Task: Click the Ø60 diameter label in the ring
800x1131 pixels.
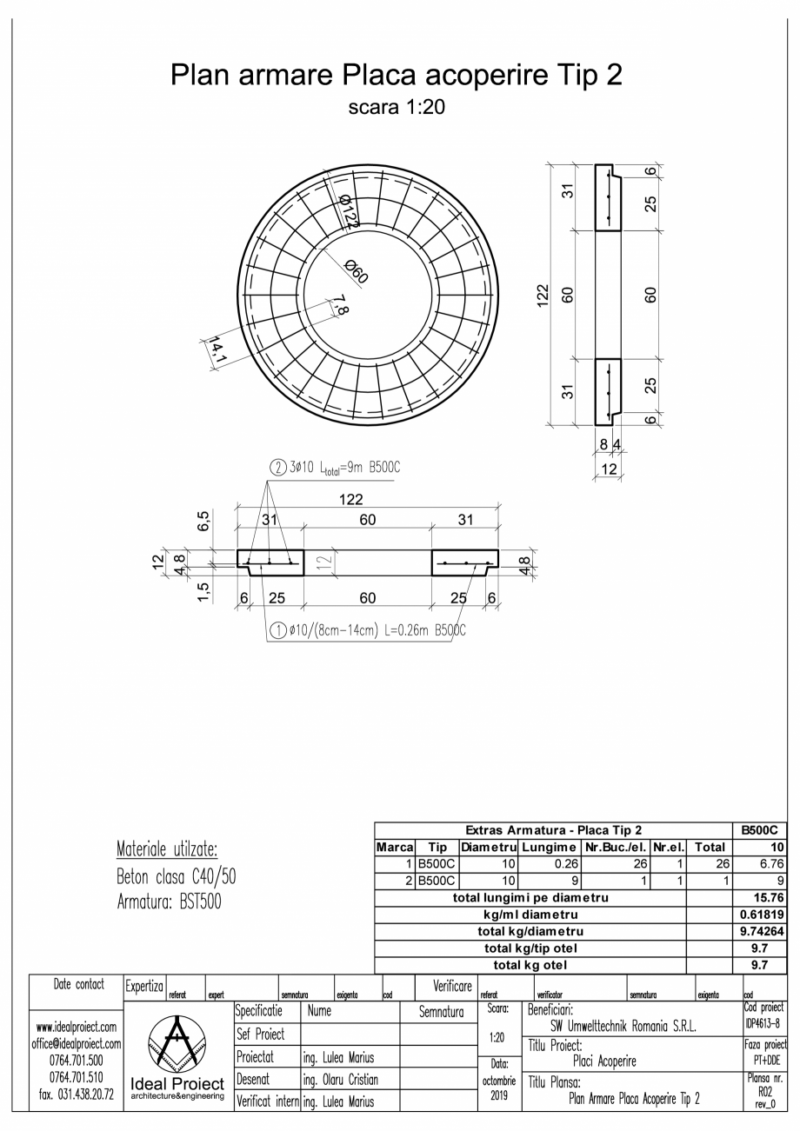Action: point(356,271)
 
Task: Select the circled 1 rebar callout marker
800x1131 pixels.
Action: point(276,630)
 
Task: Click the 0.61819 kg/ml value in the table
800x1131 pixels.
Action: point(762,914)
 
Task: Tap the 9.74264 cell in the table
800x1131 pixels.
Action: point(762,930)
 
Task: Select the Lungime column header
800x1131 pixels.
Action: point(550,847)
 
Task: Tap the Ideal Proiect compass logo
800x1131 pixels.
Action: point(177,1043)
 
